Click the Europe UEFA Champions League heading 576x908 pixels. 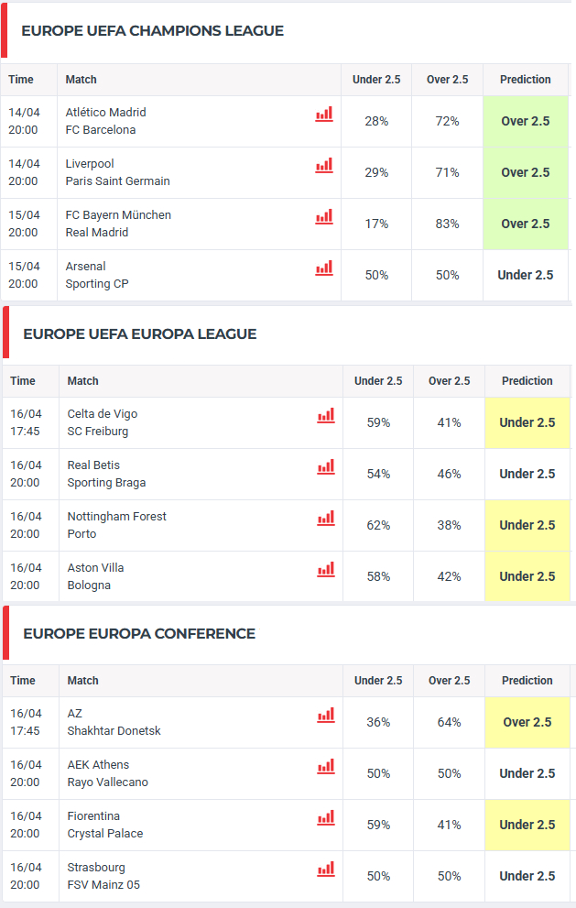pos(152,31)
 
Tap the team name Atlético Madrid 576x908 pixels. pos(105,113)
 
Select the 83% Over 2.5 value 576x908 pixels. pos(447,224)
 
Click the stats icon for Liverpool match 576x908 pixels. pos(324,166)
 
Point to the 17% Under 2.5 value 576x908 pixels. pos(376,224)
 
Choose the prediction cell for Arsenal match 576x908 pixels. pos(525,275)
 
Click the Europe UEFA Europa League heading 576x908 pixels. pos(139,334)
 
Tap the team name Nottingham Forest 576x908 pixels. pos(116,517)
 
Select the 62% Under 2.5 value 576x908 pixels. pos(378,525)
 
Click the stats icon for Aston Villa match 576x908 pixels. pos(326,570)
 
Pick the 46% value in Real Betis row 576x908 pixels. pos(449,474)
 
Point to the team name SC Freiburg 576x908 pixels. pos(97,432)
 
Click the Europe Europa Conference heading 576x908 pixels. pos(138,634)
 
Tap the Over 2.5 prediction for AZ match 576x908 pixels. pos(527,722)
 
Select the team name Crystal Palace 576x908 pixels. pos(104,834)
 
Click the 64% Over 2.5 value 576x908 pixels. pos(449,722)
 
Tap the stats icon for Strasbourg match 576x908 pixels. pos(326,870)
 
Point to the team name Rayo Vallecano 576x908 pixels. pos(107,782)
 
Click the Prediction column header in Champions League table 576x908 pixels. pos(525,80)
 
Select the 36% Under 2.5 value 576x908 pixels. pos(378,722)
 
